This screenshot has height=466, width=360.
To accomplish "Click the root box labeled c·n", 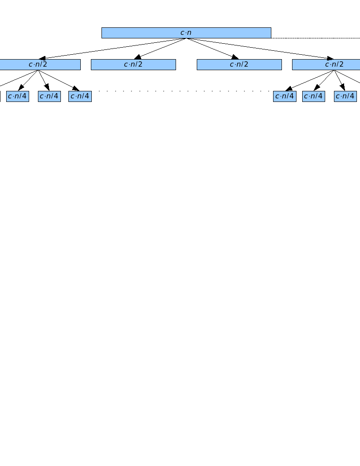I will point(186,33).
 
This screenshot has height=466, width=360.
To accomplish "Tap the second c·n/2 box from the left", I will point(133,64).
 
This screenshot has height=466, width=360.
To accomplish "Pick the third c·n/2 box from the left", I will point(239,64).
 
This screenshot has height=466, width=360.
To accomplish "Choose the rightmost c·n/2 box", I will point(326,64).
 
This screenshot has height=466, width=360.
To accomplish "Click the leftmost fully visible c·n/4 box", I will point(18,96).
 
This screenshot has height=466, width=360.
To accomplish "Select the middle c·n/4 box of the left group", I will point(49,96).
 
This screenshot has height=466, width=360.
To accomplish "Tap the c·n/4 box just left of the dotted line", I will point(80,96).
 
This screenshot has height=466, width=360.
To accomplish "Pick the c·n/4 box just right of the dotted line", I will point(285,96).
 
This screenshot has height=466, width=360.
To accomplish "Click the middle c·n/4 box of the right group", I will point(314,96).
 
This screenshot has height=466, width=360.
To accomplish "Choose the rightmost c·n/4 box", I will point(345,96).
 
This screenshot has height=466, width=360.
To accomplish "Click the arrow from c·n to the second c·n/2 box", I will point(161,48).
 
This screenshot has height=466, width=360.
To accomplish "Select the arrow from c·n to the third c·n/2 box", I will point(212,48).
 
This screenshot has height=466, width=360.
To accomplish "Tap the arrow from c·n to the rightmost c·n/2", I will point(260,49).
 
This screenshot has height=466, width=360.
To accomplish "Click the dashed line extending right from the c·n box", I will point(315,38).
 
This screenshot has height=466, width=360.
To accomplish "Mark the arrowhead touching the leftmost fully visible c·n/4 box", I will point(21,88).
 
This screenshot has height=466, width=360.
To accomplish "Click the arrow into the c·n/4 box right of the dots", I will point(309,81).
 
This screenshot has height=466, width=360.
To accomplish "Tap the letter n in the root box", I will point(189,33).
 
